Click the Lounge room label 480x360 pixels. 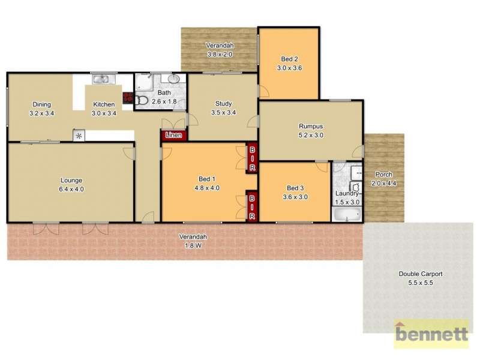tap(71, 180)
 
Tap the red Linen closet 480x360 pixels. tap(174, 136)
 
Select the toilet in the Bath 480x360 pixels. tap(142, 100)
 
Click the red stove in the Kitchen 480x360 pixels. tap(127, 98)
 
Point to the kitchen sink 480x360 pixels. tap(100, 79)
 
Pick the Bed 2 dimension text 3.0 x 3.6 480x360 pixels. tap(289, 68)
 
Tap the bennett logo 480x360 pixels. tap(430, 334)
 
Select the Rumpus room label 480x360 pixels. tap(311, 127)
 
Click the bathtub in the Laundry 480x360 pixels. tap(347, 214)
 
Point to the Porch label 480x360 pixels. tap(383, 175)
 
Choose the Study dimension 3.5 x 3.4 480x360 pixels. tap(223, 112)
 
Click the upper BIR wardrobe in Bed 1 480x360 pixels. tap(253, 157)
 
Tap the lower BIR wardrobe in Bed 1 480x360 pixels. tap(253, 206)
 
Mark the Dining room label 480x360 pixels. tap(41, 104)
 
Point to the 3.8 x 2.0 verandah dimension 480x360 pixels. tap(220, 55)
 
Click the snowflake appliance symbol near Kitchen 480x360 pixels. tap(79, 136)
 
